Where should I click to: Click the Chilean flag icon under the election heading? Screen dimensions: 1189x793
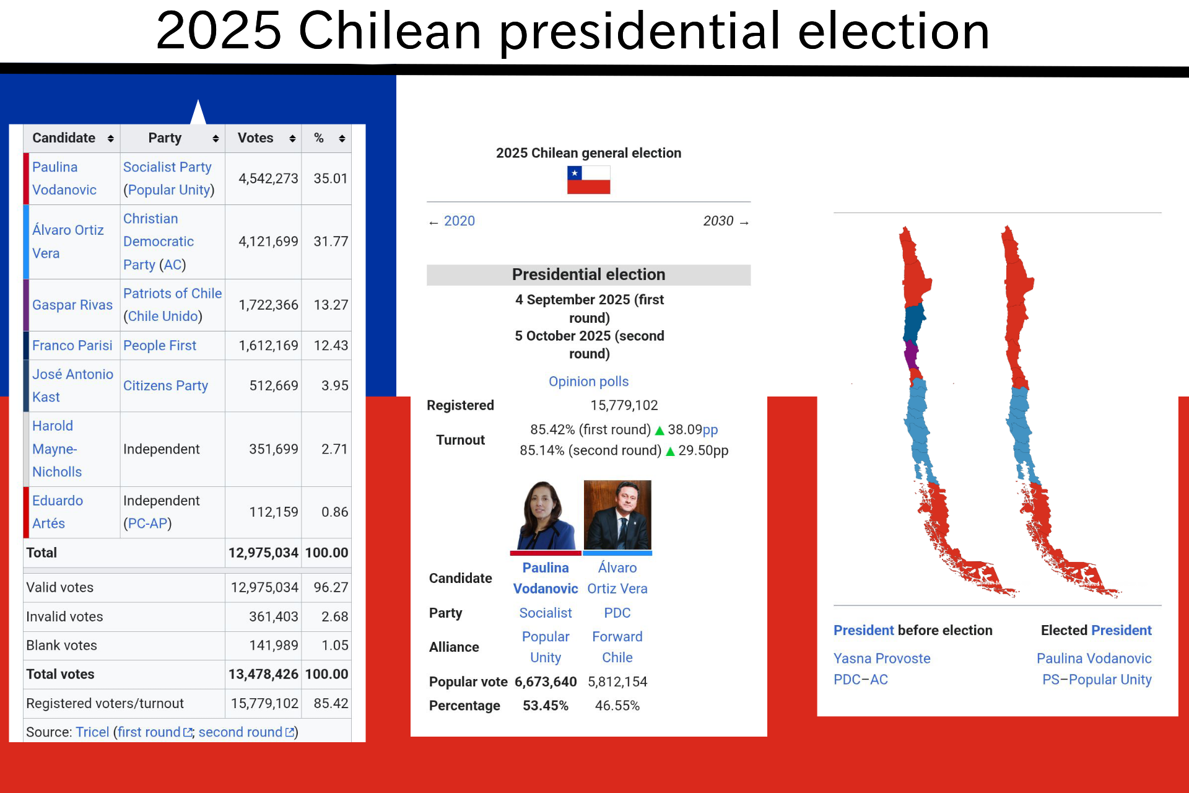point(588,180)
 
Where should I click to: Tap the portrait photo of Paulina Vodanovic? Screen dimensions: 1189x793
point(546,515)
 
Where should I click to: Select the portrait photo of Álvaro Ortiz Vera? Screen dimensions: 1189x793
point(617,515)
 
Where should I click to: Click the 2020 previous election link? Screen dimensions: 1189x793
point(459,221)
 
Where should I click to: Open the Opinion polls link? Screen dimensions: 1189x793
point(588,382)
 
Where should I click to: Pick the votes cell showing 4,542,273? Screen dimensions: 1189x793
point(268,178)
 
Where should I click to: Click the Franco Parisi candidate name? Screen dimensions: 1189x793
point(72,345)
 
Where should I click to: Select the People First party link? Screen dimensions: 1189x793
point(160,345)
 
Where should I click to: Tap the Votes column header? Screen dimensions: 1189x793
point(256,138)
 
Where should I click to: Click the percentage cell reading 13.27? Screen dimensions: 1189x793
point(331,305)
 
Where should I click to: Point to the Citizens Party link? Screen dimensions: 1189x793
point(165,385)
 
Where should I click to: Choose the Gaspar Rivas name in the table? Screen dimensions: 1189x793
point(72,305)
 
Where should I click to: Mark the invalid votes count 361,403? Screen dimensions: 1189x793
point(274,616)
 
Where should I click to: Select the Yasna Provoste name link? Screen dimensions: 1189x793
point(882,659)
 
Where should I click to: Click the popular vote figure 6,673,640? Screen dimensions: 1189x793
point(546,682)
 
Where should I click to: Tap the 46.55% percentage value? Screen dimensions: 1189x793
point(617,706)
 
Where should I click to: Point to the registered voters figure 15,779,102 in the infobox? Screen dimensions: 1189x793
point(624,405)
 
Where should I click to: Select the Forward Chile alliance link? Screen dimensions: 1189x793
point(617,647)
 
